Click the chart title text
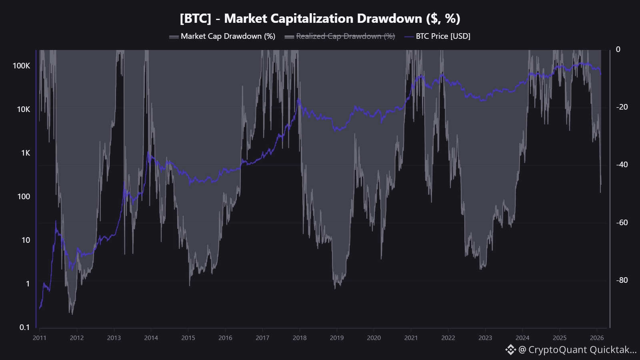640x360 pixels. (320, 18)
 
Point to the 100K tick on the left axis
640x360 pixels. (22, 66)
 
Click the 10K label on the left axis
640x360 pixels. (23, 109)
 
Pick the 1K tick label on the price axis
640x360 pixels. (26, 153)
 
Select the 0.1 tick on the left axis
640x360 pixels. (25, 327)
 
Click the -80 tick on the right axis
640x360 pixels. (622, 280)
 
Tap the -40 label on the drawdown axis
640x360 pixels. (622, 164)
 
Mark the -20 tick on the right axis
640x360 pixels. (622, 107)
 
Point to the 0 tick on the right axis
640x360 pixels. (618, 49)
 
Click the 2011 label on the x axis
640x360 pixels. (40, 338)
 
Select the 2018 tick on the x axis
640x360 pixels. (300, 338)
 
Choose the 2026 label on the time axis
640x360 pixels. (597, 338)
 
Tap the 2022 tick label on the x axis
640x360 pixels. (448, 338)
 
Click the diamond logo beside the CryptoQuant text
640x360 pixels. (510, 350)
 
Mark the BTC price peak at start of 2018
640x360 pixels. (299, 100)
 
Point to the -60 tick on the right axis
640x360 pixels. (622, 222)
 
